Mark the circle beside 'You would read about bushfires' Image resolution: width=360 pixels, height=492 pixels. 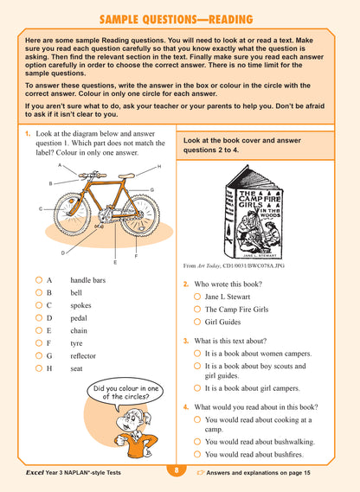[197, 453]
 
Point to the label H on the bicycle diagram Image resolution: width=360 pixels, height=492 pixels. [159, 167]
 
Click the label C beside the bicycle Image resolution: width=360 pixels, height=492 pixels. [41, 209]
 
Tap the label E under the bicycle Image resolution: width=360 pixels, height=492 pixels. [115, 261]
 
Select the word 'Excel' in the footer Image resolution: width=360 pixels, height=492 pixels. [37, 472]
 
